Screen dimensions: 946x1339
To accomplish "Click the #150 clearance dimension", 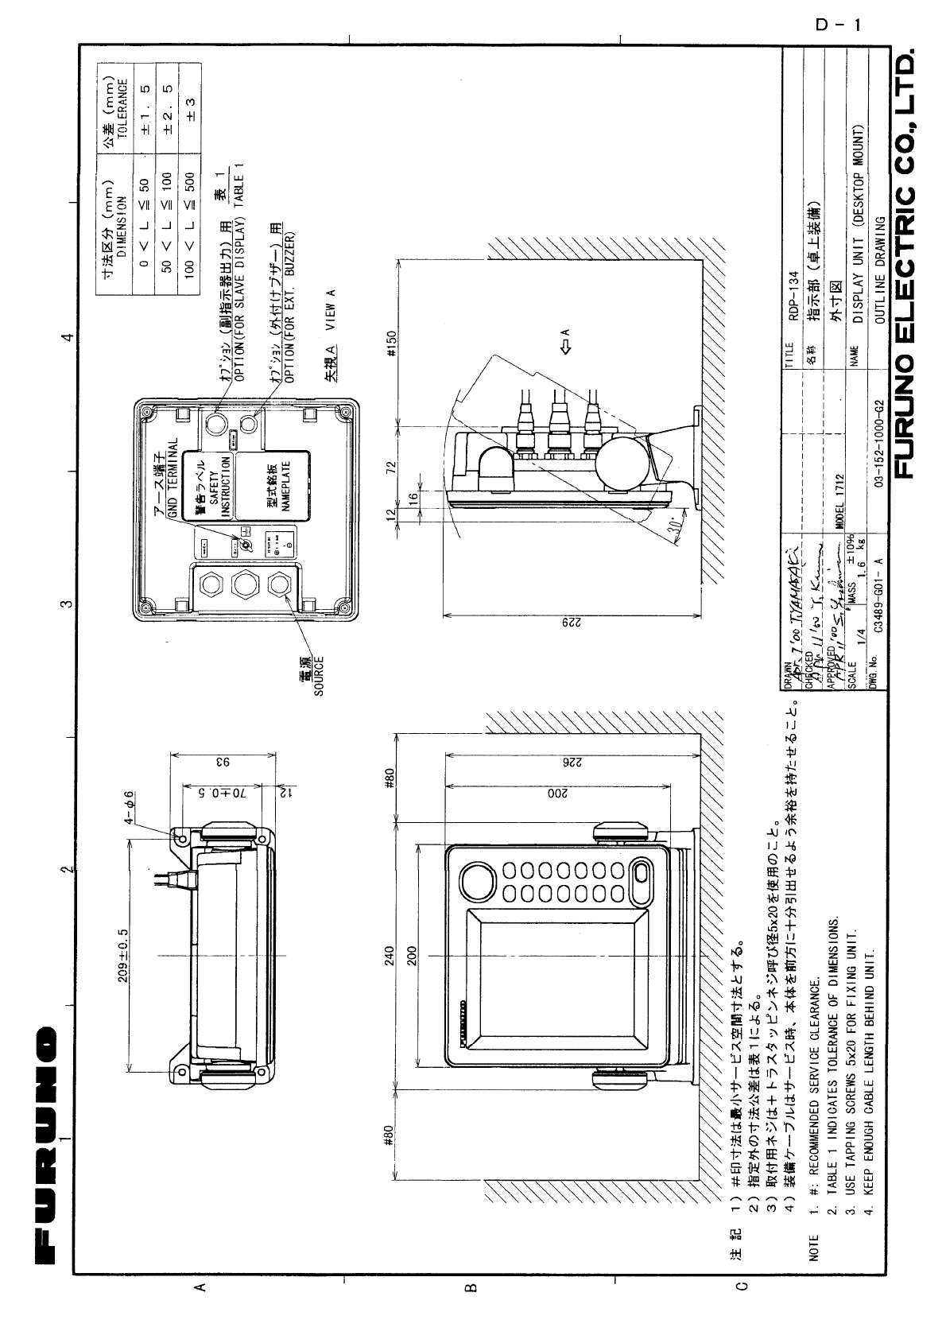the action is point(391,344).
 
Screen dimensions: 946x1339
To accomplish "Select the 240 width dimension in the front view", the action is point(390,956).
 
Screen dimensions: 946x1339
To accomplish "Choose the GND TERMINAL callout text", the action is point(173,482).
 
